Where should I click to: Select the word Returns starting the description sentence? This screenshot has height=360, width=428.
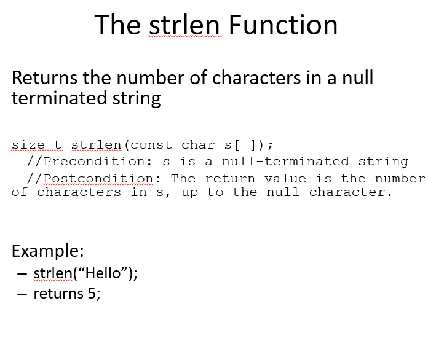[x=45, y=78]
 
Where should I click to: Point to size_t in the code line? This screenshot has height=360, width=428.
[x=37, y=145]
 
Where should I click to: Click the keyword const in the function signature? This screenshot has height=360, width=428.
[x=151, y=145]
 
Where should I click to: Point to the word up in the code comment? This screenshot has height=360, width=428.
[x=189, y=192]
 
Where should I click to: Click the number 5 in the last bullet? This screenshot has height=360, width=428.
[x=92, y=293]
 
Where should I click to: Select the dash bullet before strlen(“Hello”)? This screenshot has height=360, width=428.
[x=22, y=273]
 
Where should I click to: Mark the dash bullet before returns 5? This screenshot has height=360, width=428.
[x=22, y=294]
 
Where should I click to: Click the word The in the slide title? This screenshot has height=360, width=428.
[x=118, y=25]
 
